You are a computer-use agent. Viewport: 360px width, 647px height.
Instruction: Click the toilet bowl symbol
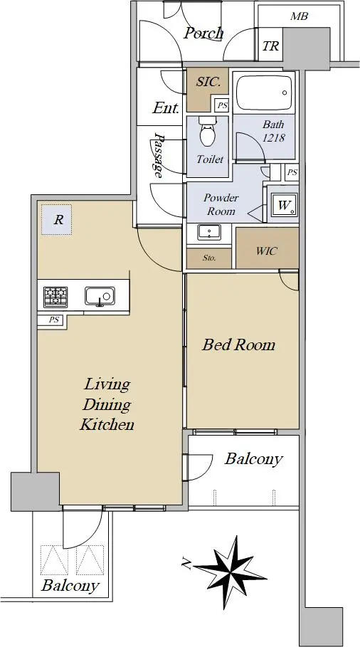pos(208,131)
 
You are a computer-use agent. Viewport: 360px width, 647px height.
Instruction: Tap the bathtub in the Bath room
pos(264,93)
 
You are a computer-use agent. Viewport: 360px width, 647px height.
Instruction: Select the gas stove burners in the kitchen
pos(55,297)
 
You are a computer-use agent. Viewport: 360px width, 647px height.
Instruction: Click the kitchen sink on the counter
pos(100,297)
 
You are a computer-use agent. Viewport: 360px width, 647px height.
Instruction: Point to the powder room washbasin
pos(209,232)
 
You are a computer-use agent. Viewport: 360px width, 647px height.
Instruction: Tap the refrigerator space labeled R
pos(56,220)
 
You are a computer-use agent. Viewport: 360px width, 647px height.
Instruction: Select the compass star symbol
pos(230,572)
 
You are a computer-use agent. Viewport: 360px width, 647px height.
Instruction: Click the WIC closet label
pos(266,251)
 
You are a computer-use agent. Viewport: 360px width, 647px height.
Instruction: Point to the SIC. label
pos(208,82)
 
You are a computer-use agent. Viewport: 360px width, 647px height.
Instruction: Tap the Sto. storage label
pos(209,258)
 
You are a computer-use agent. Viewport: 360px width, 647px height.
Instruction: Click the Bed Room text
pos(238,344)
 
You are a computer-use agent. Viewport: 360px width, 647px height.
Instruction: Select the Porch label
pos(203,33)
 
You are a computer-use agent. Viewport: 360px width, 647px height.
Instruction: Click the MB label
pos(299,16)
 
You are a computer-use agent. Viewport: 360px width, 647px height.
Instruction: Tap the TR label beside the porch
pos(271,46)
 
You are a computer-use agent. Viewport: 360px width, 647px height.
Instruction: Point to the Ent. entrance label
pos(166,108)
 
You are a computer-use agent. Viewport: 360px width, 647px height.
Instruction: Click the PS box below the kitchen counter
pos(54,320)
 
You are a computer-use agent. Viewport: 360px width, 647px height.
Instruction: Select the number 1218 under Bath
pos(274,137)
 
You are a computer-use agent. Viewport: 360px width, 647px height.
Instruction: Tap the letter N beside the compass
pos(186,562)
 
